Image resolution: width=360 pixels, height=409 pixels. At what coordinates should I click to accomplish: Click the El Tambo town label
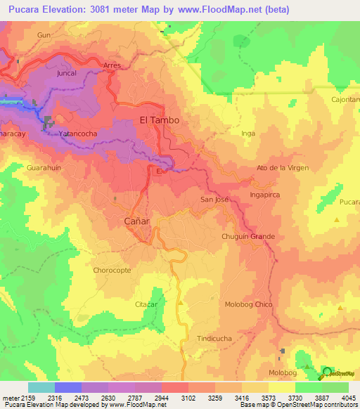159,120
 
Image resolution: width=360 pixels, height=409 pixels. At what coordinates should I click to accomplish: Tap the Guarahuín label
44,169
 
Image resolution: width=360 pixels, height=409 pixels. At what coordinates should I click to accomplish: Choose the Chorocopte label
112,270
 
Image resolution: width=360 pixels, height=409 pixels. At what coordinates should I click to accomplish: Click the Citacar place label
148,304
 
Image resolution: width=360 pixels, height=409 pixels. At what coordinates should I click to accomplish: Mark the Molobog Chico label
248,304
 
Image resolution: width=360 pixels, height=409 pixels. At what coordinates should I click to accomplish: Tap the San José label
215,200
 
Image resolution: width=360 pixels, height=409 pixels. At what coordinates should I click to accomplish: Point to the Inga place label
248,133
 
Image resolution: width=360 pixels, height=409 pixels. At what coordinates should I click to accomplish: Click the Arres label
112,65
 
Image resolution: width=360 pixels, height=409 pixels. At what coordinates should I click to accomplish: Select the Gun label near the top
44,34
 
